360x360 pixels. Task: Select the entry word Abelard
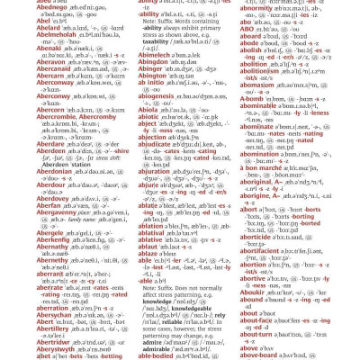coord(19,27)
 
